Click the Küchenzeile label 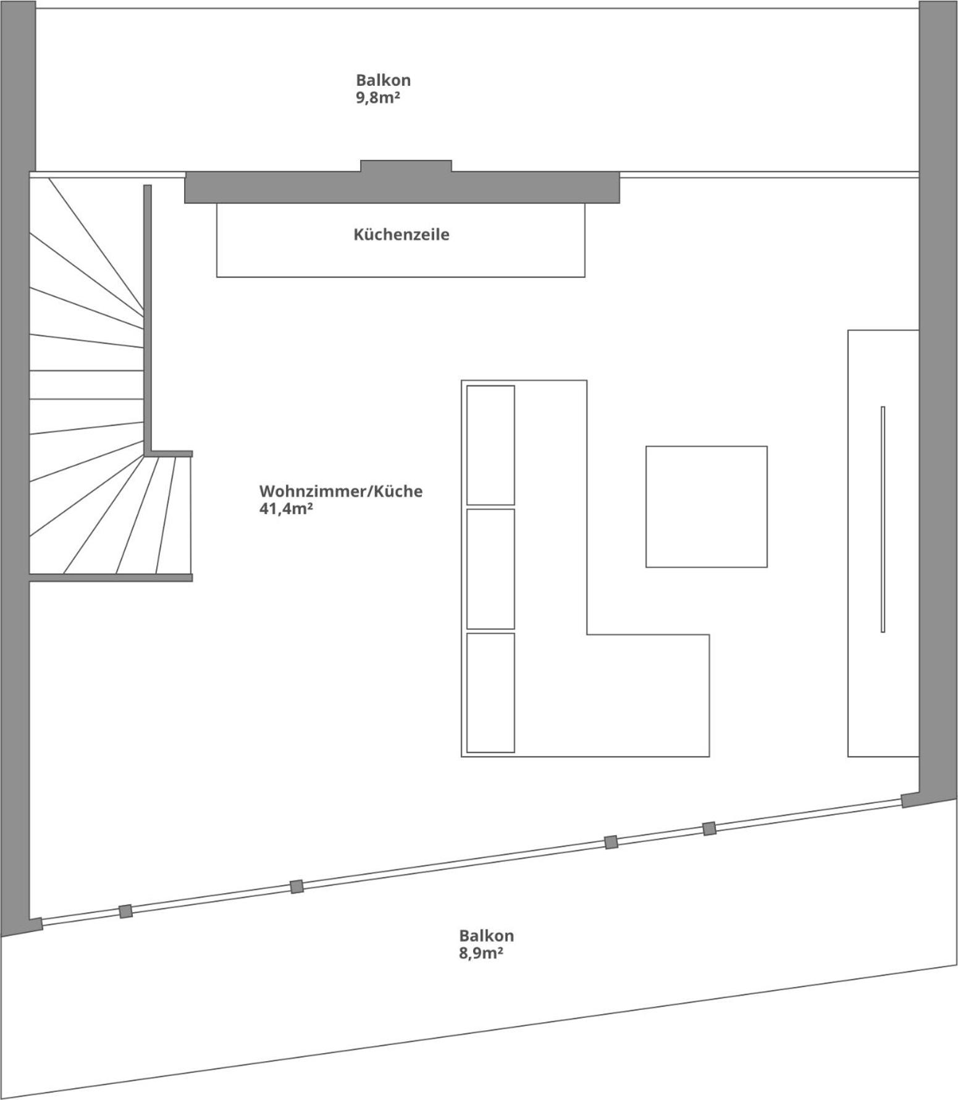(x=401, y=235)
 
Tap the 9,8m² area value (x=377, y=98)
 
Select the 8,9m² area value (x=481, y=953)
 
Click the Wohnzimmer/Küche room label (x=341, y=491)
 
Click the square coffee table (x=707, y=506)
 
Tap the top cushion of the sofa (x=490, y=445)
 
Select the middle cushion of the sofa (x=490, y=569)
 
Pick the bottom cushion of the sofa (x=490, y=693)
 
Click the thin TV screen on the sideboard (x=883, y=519)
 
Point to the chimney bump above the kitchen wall (x=406, y=166)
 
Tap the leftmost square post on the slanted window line (x=126, y=911)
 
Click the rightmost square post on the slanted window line (x=709, y=829)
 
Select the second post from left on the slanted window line (x=296, y=886)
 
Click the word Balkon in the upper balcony (x=383, y=80)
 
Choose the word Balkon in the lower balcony (x=486, y=936)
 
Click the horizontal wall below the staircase (x=111, y=577)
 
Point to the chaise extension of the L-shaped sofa (x=648, y=695)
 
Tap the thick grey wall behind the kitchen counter (x=402, y=187)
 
